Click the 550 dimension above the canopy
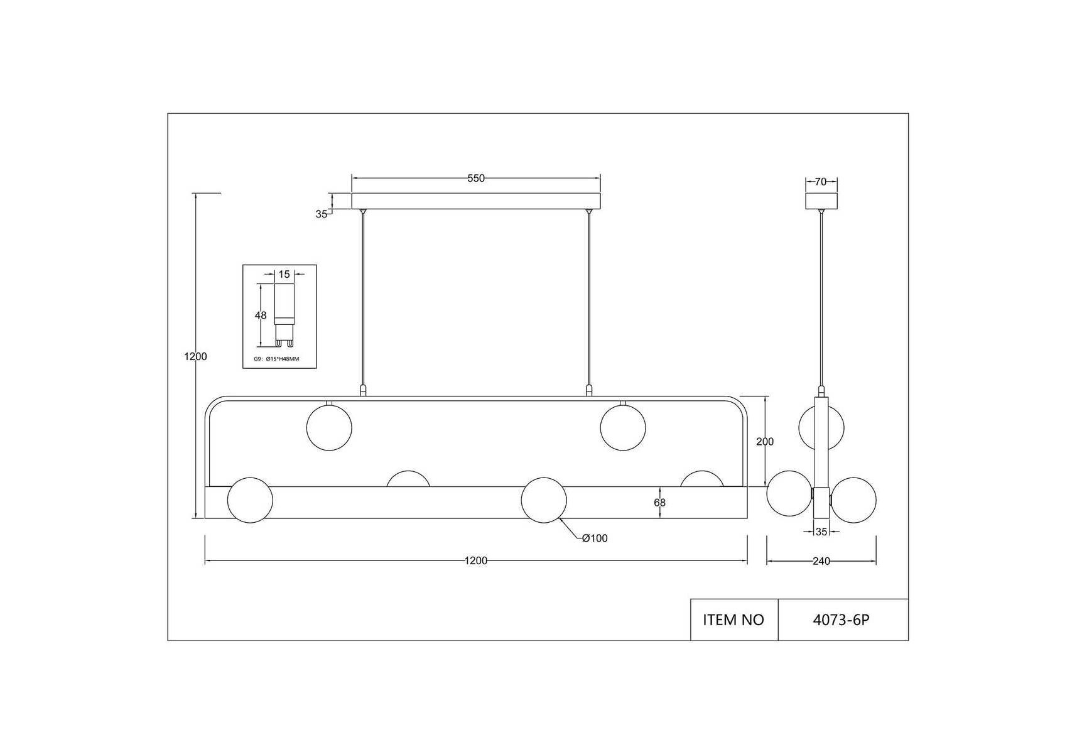pyautogui.click(x=476, y=178)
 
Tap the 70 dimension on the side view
pyautogui.click(x=821, y=182)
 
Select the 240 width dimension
pyautogui.click(x=821, y=561)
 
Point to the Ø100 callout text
pyautogui.click(x=595, y=538)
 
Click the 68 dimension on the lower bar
pyautogui.click(x=659, y=503)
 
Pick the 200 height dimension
pyautogui.click(x=765, y=442)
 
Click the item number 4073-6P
pyautogui.click(x=842, y=620)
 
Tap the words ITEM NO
pyautogui.click(x=733, y=620)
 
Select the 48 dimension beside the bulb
pyautogui.click(x=261, y=315)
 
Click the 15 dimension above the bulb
pyautogui.click(x=284, y=275)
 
